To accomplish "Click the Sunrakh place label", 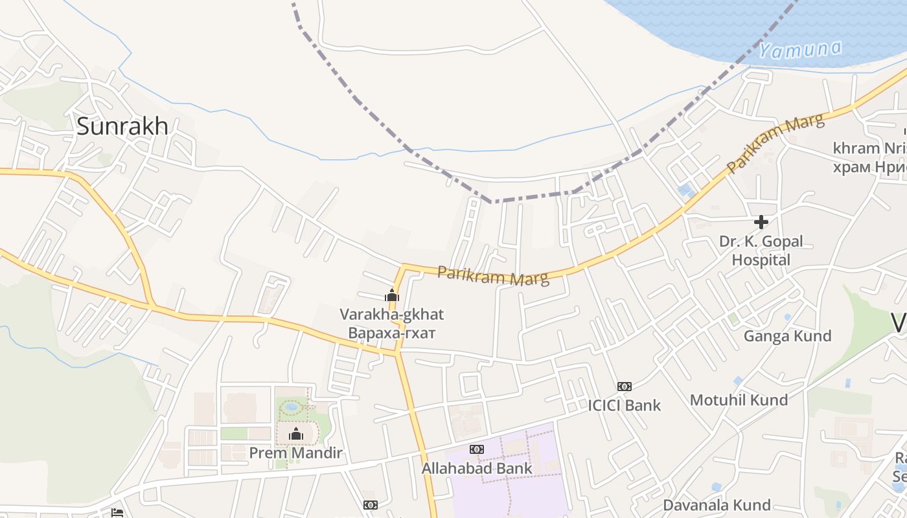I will tap(122, 126).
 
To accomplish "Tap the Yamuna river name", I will tap(801, 49).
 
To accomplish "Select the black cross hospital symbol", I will tap(761, 222).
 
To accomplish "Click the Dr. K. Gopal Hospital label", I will tap(761, 251).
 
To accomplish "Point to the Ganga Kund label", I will tap(787, 336).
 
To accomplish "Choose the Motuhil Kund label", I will tap(739, 400).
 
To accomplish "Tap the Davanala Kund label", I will tap(717, 505).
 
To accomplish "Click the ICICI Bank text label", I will tap(624, 405).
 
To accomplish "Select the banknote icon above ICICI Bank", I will tap(624, 387).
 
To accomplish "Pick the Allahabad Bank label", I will tap(477, 468).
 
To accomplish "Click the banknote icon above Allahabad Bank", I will tap(477, 449).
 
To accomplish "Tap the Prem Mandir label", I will tap(295, 453).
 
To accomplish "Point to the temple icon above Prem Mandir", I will tap(296, 434).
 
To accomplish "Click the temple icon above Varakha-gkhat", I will tap(391, 295).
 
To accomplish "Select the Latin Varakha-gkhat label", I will tap(392, 315).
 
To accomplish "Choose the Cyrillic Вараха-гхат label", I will tap(392, 333).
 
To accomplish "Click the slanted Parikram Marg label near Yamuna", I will tap(775, 143).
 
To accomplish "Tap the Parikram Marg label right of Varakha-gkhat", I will tap(493, 275).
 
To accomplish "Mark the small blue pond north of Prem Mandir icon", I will tap(292, 407).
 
